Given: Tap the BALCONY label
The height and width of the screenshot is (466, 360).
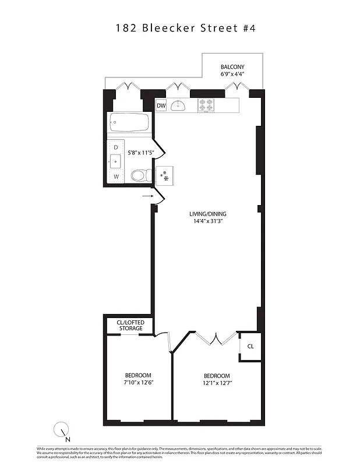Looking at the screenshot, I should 231,66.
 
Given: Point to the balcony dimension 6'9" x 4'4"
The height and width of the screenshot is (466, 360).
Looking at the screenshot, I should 231,75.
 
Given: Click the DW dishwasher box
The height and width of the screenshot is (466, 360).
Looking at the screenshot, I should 161,105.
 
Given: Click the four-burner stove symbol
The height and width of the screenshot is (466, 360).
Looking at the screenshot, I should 206,105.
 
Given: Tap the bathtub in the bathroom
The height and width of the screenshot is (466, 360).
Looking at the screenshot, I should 129,123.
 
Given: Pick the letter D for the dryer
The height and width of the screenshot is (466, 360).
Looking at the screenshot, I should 115,147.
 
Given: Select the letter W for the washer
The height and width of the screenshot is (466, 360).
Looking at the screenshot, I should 116,176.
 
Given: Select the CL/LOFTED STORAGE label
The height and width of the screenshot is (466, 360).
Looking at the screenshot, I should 130,325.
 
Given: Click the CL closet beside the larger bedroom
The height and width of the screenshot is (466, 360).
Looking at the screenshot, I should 250,346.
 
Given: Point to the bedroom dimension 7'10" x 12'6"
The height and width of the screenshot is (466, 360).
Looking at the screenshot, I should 138,383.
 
